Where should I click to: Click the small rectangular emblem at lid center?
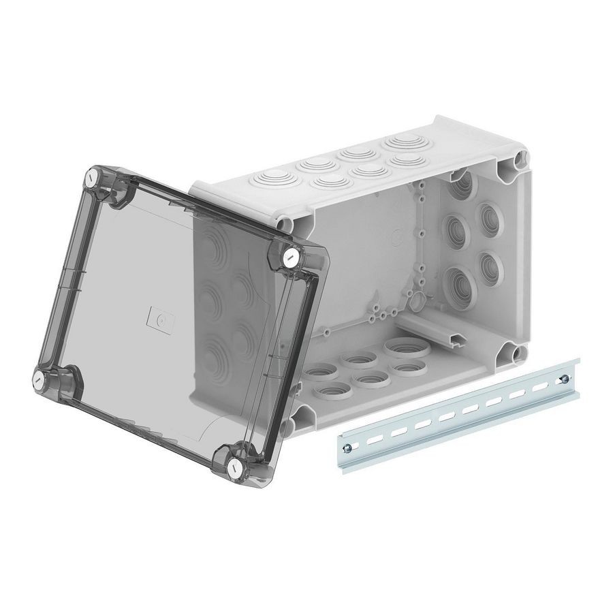(161, 317)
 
